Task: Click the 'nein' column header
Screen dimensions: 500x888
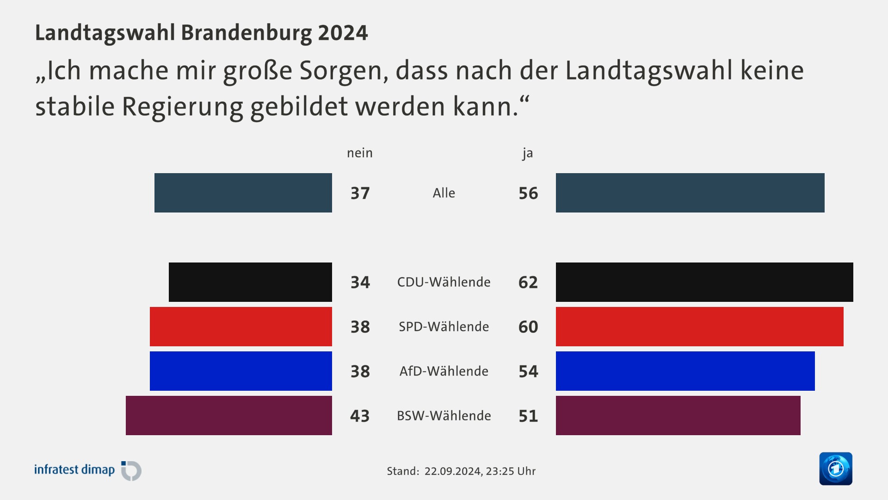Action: coord(359,153)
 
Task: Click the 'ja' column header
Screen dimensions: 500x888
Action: coord(528,153)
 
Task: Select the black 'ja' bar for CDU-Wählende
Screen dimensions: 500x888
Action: coord(704,282)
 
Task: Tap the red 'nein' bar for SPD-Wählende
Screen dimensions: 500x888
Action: coord(240,326)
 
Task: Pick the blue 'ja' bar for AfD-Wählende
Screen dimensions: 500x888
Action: coord(685,371)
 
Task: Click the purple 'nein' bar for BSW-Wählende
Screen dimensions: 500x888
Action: coord(228,415)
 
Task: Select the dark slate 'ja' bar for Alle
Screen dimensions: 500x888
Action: coord(690,193)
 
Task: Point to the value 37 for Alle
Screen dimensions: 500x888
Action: coord(360,193)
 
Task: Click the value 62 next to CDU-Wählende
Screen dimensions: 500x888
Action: coord(528,282)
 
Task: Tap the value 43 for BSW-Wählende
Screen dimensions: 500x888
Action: coord(360,416)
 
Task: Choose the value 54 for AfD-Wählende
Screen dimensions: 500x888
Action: coord(528,371)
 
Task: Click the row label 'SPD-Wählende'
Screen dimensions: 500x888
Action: coord(444,326)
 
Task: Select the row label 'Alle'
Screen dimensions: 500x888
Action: coord(444,193)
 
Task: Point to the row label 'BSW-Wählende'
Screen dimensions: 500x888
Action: coord(444,416)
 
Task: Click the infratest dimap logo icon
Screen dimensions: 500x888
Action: coord(131,470)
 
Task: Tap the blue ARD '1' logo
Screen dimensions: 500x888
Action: coord(835,469)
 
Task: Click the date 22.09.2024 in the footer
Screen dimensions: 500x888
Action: coord(452,471)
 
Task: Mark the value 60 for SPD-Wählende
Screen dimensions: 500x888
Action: coord(528,327)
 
